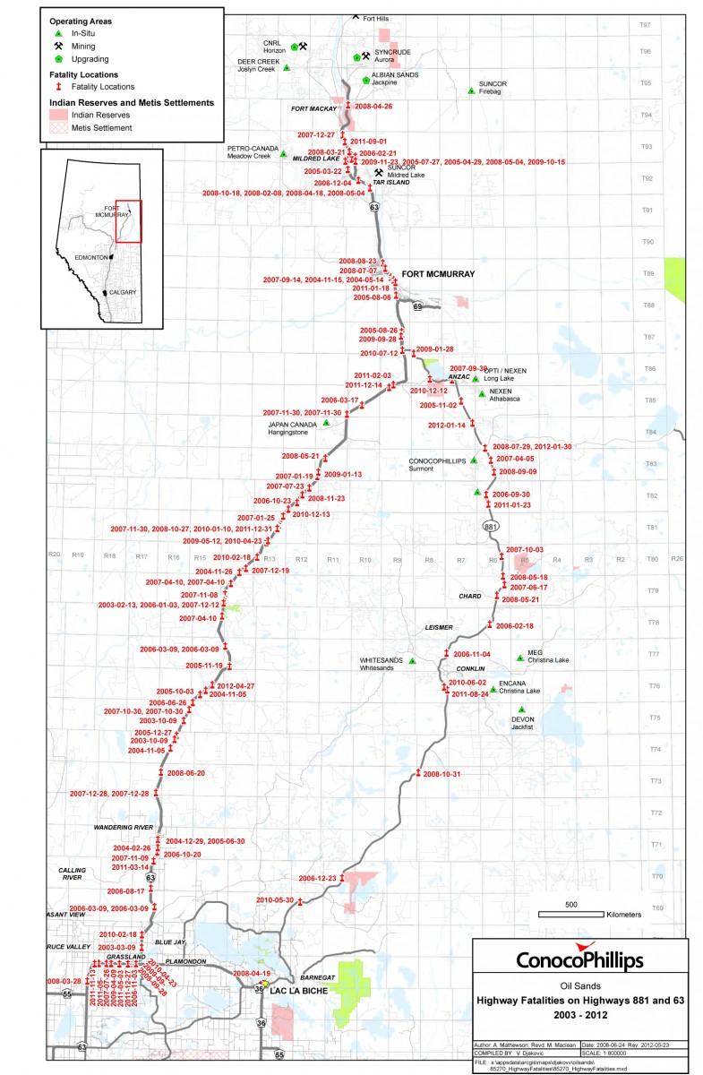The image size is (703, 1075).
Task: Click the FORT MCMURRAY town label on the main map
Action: click(438, 274)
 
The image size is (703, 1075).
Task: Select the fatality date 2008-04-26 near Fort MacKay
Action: click(373, 106)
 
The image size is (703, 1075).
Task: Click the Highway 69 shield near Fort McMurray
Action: click(416, 306)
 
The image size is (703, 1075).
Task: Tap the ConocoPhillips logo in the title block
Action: click(579, 959)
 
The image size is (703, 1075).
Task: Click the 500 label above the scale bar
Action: click(570, 904)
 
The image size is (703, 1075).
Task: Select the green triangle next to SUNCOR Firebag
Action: click(471, 90)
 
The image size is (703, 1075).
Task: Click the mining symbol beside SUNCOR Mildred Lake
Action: click(380, 173)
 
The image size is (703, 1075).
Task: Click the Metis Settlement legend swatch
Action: click(57, 128)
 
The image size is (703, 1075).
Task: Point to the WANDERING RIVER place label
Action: click(126, 826)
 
